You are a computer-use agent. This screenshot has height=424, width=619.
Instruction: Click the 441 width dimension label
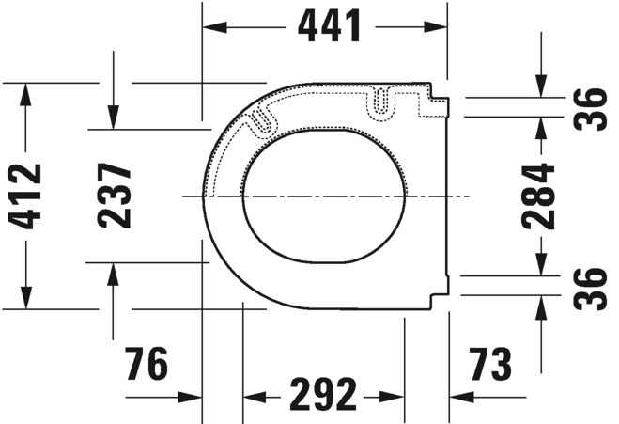[x=329, y=27]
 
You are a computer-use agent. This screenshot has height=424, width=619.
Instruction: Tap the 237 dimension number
[x=115, y=196]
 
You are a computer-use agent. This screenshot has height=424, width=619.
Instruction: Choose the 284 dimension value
[x=542, y=196]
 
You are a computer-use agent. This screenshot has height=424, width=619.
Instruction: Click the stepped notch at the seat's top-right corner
[x=438, y=93]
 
